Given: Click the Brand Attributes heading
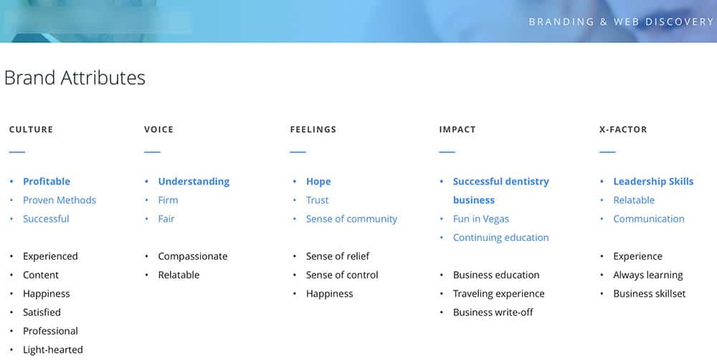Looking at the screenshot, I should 75,77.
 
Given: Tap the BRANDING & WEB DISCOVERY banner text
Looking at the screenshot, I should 621,22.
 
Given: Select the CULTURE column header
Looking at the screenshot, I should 31,130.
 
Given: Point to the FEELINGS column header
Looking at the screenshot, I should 313,130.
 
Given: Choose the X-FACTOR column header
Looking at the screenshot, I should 622,130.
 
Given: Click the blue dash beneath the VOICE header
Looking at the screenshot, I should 152,152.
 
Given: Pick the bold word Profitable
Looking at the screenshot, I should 47,181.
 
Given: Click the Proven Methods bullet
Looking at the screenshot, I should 60,200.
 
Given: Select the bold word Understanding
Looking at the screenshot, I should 194,181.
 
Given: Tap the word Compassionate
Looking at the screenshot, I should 193,256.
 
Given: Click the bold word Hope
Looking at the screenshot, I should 318,181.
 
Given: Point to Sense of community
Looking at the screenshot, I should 351,219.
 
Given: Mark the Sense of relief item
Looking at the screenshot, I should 338,256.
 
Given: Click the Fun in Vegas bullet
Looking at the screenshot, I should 481,219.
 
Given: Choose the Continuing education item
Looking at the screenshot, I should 500,237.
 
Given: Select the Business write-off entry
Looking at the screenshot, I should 493,312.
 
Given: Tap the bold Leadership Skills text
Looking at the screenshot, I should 653,181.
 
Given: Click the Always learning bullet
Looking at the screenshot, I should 647,275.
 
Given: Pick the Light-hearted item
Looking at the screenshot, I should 53,349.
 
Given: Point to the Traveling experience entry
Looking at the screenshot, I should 498,293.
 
